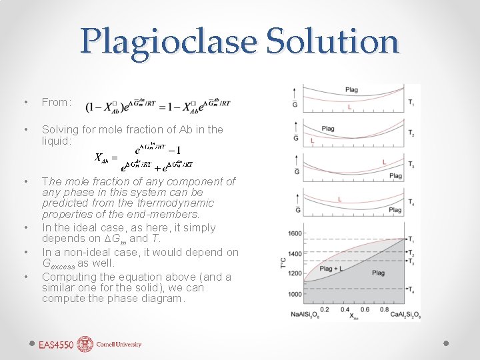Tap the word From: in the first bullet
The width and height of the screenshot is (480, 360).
[56, 102]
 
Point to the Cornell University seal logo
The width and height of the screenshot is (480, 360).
[85, 344]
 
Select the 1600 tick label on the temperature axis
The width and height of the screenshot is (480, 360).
[294, 233]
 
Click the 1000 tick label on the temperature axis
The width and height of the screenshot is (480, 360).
[294, 294]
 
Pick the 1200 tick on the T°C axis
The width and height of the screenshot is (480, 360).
[294, 274]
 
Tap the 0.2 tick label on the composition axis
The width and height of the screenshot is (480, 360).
[325, 309]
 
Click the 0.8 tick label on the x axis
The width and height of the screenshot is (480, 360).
[384, 309]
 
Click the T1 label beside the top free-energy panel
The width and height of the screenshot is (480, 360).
[411, 103]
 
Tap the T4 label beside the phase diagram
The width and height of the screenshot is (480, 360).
[411, 290]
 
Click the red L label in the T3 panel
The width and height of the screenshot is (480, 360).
[384, 162]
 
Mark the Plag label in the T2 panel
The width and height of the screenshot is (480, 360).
[328, 129]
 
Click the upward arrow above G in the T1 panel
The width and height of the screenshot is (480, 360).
[295, 91]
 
